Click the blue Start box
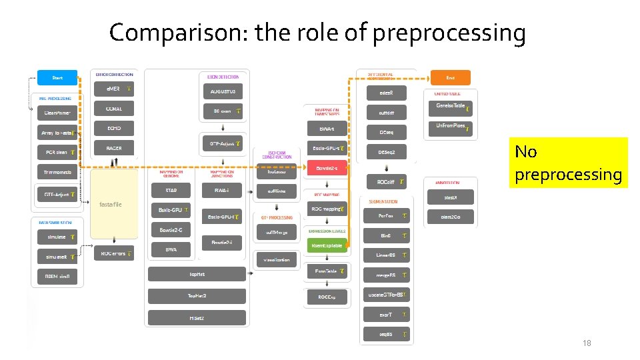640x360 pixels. click(x=57, y=78)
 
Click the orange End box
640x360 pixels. click(x=450, y=78)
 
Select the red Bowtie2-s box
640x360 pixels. click(x=327, y=167)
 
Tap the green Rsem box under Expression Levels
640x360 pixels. click(x=327, y=245)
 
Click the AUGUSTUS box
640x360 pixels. click(x=223, y=91)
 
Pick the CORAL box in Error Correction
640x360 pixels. click(x=113, y=109)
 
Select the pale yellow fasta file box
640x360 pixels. click(x=113, y=204)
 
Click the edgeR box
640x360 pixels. click(x=386, y=94)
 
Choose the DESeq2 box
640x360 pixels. click(x=386, y=153)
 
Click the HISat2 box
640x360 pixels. click(x=197, y=318)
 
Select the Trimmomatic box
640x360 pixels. click(x=57, y=172)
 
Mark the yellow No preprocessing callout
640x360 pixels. click(x=568, y=163)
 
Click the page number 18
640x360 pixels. click(x=587, y=343)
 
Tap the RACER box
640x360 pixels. click(x=113, y=147)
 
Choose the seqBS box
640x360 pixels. click(x=386, y=334)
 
